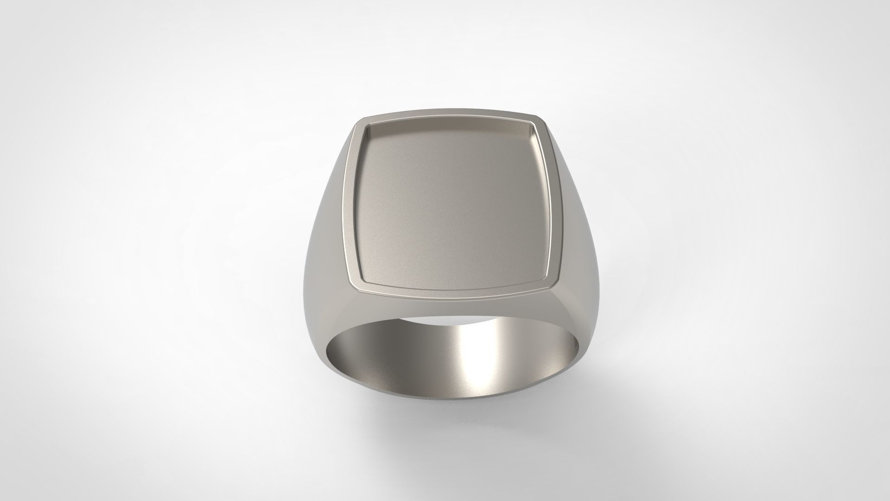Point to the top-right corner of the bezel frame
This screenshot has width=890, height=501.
pyautogui.click(x=543, y=117)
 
